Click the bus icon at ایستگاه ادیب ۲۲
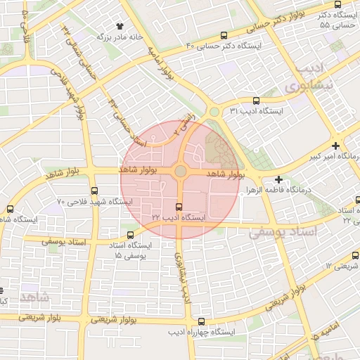click(x=179, y=207)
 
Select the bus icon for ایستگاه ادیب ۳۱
click(x=256, y=101)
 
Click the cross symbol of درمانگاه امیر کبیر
click(x=337, y=145)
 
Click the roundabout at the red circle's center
click(x=180, y=171)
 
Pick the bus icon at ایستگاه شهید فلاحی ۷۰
click(x=94, y=191)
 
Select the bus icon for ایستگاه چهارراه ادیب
click(x=202, y=321)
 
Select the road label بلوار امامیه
click(x=161, y=63)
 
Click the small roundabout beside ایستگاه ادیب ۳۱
click(x=214, y=112)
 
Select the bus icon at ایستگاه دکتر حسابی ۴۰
click(x=224, y=35)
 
